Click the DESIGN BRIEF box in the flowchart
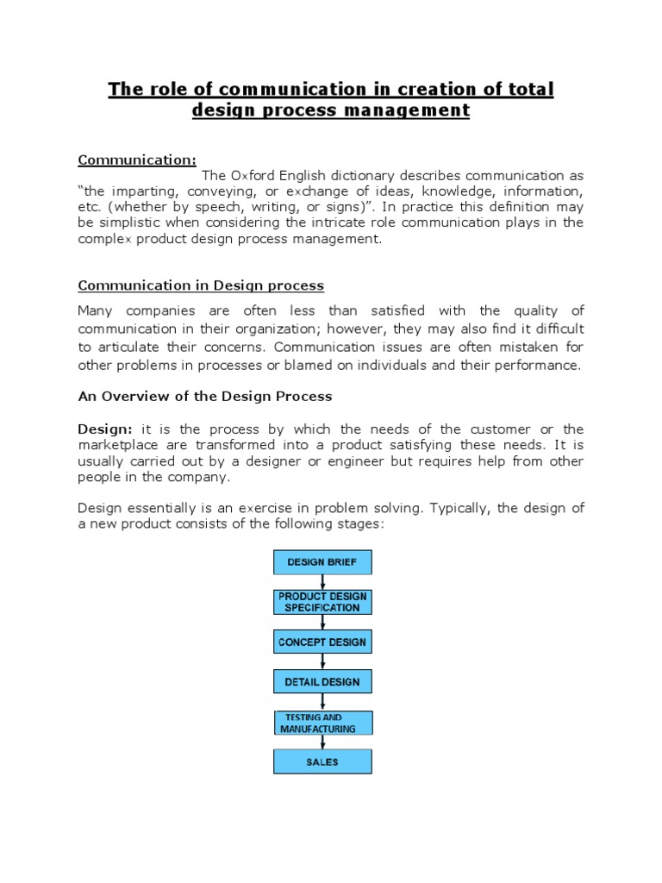tap(322, 562)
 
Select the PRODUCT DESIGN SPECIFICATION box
tap(322, 602)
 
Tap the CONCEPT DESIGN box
tap(322, 642)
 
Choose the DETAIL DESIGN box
tap(322, 681)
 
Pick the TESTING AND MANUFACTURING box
tap(322, 723)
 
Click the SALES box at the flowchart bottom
tap(322, 761)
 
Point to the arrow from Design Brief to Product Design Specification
tap(322, 582)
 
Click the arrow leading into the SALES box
tap(322, 742)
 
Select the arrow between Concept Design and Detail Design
tap(322, 661)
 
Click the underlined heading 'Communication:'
tap(137, 160)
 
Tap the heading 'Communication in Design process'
tap(201, 285)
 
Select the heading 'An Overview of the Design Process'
tap(205, 397)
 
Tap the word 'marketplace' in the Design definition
tap(116, 445)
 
